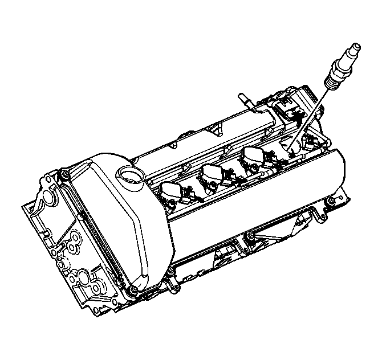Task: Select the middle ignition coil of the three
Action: point(214,173)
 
